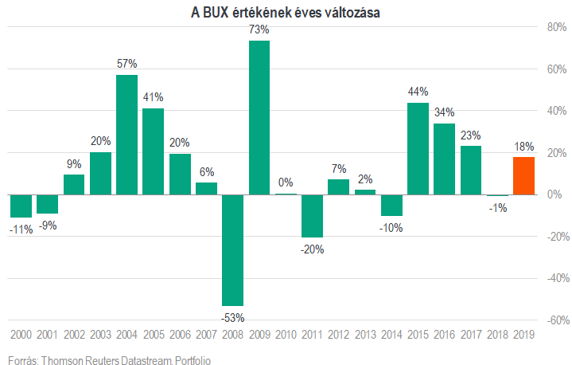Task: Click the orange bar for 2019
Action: (523, 176)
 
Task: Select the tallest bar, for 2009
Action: (259, 118)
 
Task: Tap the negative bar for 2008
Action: (233, 250)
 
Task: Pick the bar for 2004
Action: (127, 135)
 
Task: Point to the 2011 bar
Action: (313, 216)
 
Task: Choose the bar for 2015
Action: (418, 149)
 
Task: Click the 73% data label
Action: (259, 29)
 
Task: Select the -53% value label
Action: (233, 318)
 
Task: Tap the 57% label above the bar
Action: (127, 64)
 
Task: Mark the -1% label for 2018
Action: (498, 208)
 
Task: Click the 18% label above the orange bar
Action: (524, 147)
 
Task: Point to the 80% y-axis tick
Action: (557, 27)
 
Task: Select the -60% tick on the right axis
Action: (558, 320)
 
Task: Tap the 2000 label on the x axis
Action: (21, 334)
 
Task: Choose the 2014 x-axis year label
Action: (391, 334)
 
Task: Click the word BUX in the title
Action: (216, 13)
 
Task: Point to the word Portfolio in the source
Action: (193, 360)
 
